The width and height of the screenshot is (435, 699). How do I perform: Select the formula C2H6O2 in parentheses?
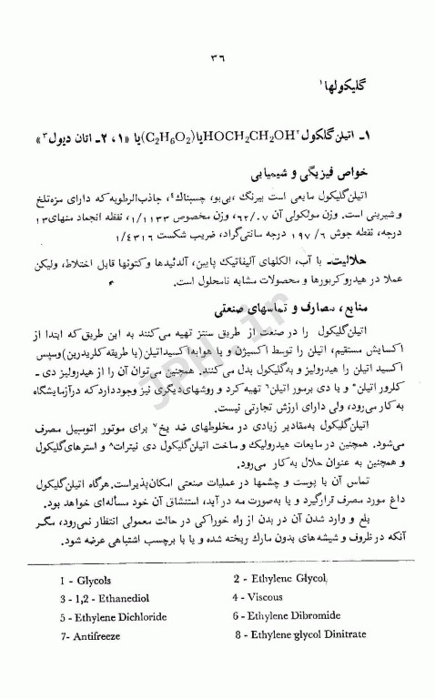pos(164,137)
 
